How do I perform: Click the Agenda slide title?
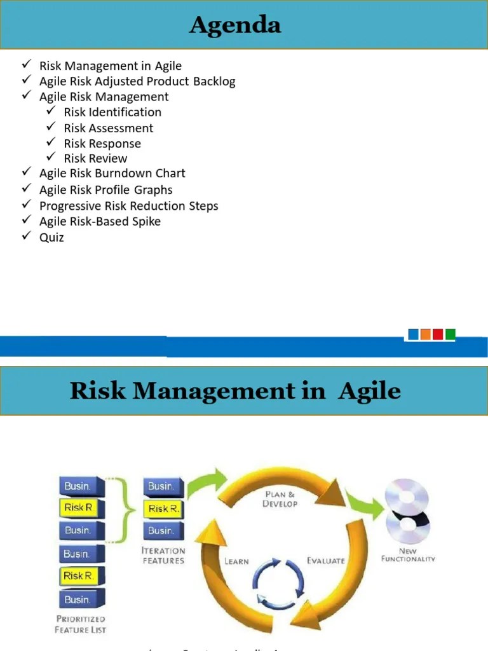pos(235,25)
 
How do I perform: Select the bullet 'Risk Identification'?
pos(112,113)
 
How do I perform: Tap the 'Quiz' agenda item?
pos(51,238)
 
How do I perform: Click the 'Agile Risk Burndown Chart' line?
pos(112,174)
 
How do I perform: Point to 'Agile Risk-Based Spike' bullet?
pos(100,222)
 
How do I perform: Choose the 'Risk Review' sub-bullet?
pos(95,159)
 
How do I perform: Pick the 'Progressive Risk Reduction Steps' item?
pos(128,206)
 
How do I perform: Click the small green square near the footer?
pos(451,334)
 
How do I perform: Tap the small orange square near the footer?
pos(426,334)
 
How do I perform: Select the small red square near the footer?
pos(438,334)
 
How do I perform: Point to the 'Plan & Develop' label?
pos(280,499)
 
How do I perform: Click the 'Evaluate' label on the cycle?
pos(326,561)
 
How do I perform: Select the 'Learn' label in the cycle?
pos(236,561)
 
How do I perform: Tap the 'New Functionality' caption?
pos(408,555)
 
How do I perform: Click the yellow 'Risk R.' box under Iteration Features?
pos(163,509)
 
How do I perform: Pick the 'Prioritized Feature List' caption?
pos(81,624)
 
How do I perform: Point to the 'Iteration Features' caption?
pos(163,556)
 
